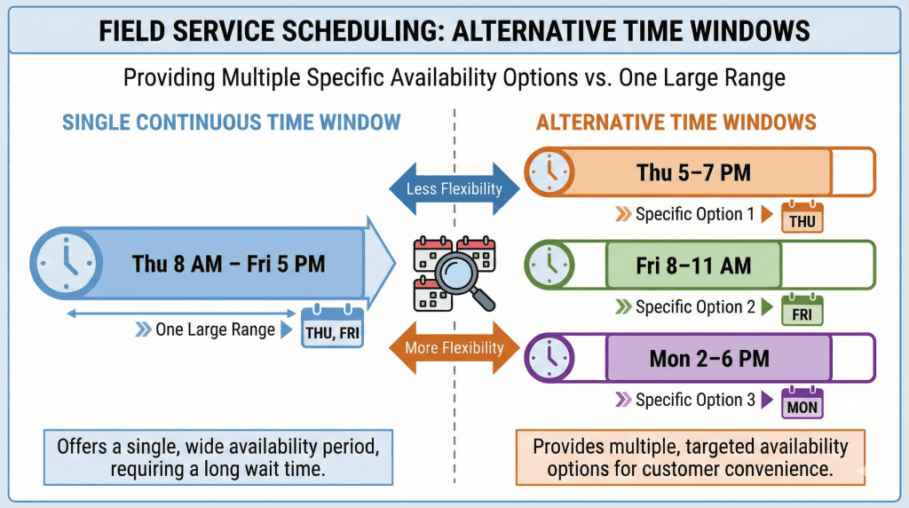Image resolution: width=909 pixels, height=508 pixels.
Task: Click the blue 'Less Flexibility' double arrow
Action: tap(454, 188)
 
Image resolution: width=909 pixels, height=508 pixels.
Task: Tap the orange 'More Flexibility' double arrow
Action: tap(454, 347)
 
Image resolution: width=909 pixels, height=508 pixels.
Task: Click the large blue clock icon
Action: tap(66, 263)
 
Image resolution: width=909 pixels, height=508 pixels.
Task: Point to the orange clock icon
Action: tap(549, 171)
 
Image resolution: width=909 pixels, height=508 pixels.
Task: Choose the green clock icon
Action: tap(549, 265)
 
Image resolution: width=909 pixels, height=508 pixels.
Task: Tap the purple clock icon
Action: tap(549, 357)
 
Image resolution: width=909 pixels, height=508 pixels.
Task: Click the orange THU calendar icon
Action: tap(802, 217)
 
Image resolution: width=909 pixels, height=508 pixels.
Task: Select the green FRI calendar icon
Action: tap(802, 310)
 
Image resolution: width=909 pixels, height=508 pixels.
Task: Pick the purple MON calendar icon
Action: tap(802, 402)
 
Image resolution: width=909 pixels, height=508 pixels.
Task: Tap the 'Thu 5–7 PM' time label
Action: tap(693, 172)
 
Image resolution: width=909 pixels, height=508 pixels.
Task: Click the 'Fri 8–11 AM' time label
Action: tap(693, 266)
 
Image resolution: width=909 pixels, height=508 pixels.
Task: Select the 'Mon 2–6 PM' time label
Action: tap(709, 359)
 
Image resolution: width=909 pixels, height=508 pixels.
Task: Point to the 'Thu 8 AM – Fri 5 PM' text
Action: tap(228, 264)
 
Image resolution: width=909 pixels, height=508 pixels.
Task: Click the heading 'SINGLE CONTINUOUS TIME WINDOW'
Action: tap(232, 123)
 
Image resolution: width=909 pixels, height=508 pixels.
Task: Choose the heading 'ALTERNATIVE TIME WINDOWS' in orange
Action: tap(676, 123)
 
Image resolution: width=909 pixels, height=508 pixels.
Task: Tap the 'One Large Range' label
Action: tap(215, 329)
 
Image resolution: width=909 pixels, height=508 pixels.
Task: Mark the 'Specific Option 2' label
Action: tap(695, 306)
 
